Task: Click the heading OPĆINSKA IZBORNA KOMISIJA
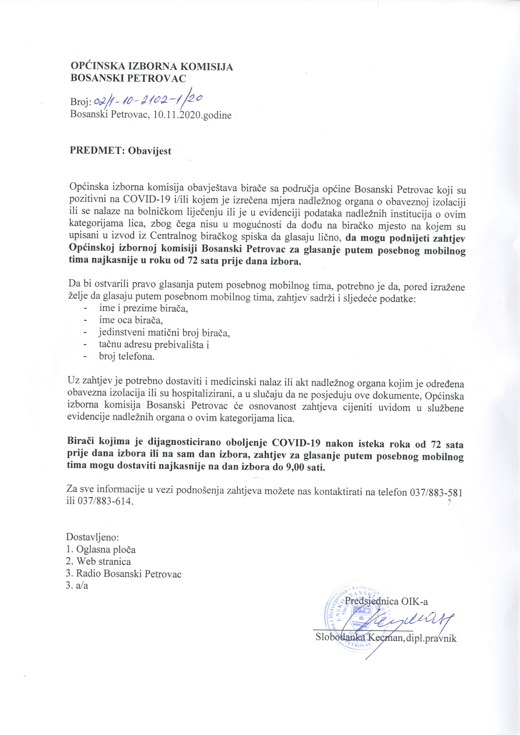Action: [x=152, y=67]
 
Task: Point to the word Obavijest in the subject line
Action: [x=150, y=151]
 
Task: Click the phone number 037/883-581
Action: [x=435, y=492]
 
